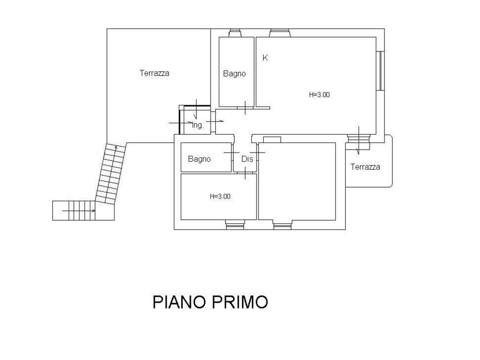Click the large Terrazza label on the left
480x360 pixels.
click(x=154, y=73)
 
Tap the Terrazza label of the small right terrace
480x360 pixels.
click(x=365, y=167)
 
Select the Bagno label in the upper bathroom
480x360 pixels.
click(x=234, y=74)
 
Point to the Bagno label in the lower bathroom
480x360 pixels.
click(x=199, y=159)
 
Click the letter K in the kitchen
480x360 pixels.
click(x=265, y=57)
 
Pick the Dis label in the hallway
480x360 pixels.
click(x=247, y=159)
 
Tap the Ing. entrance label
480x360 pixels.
click(x=198, y=125)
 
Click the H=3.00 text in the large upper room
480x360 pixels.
click(x=319, y=95)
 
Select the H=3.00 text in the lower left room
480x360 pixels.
click(x=220, y=197)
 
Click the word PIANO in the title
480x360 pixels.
click(x=179, y=302)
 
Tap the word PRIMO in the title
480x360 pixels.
click(x=240, y=302)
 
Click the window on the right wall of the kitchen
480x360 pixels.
click(x=380, y=71)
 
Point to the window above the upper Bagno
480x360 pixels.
click(x=235, y=33)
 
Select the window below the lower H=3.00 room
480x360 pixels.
click(x=235, y=224)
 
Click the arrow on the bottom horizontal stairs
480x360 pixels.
click(x=78, y=211)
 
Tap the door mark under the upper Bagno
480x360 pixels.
click(x=246, y=108)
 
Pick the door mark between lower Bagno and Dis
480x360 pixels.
click(x=232, y=153)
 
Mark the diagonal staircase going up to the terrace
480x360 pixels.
click(x=110, y=173)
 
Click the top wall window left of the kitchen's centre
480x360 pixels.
click(x=280, y=33)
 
